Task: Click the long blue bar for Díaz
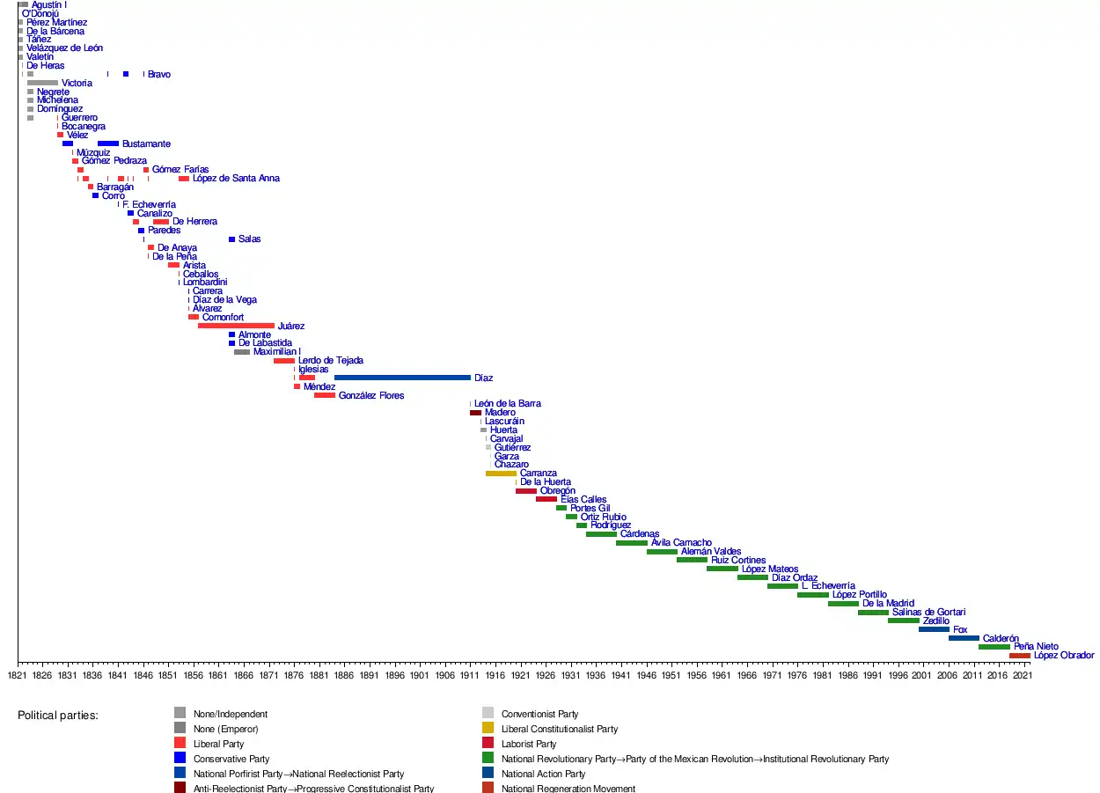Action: (x=402, y=378)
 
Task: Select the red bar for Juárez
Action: (x=236, y=326)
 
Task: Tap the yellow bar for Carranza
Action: (x=501, y=474)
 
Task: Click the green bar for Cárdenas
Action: (x=601, y=534)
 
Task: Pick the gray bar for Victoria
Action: (x=42, y=83)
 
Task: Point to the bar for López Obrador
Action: (x=1019, y=656)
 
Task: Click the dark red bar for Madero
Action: (x=475, y=413)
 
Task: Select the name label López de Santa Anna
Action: (x=236, y=179)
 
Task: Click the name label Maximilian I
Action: (x=276, y=352)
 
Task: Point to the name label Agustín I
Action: (x=48, y=5)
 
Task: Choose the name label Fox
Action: (x=960, y=630)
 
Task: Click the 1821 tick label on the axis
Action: (x=17, y=675)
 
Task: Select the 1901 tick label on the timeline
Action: (x=419, y=675)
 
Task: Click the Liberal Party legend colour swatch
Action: (x=180, y=744)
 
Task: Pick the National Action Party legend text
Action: (x=543, y=775)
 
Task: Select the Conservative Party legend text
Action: (x=231, y=759)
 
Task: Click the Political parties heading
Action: (x=58, y=716)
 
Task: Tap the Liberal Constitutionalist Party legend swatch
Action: (x=488, y=729)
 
